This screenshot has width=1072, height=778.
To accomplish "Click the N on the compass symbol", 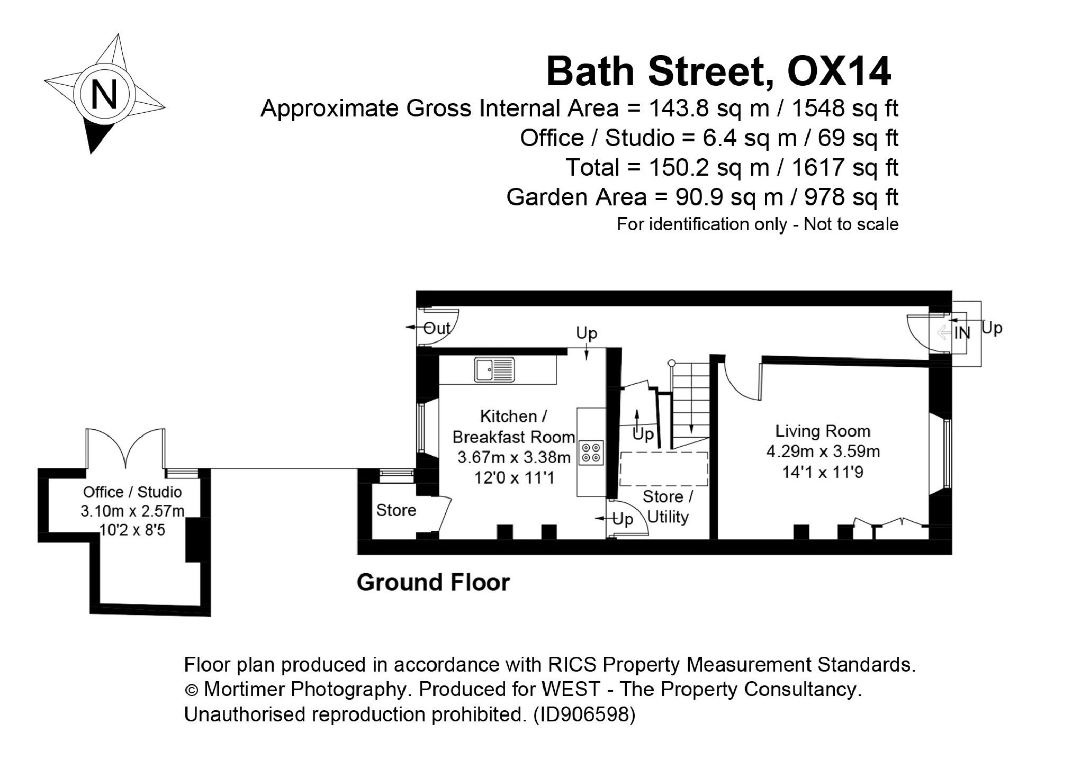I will pos(104,94).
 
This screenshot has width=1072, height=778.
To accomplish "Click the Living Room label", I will pos(823,431).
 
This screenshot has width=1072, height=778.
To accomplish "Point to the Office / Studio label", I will pos(132,492).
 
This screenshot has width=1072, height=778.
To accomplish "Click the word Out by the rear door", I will pos(437,329).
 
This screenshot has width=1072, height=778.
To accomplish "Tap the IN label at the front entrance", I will pos(962,333).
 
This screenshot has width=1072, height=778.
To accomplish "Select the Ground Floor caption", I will pos(433,583).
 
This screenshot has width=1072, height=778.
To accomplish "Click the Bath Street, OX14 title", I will pos(718,72).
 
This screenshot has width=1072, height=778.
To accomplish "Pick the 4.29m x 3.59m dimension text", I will pos(823,452).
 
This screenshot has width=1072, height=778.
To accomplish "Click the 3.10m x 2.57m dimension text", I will pos(132,511).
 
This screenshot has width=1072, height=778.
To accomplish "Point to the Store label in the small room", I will pos(396,510).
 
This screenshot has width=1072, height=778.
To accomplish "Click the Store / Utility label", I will pos(668,507).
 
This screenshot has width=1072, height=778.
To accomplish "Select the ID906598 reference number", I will pos(584,715).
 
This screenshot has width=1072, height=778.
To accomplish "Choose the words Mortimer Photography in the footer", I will pos(304,690).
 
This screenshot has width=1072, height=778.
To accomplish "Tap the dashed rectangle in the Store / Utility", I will pos(664,469).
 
